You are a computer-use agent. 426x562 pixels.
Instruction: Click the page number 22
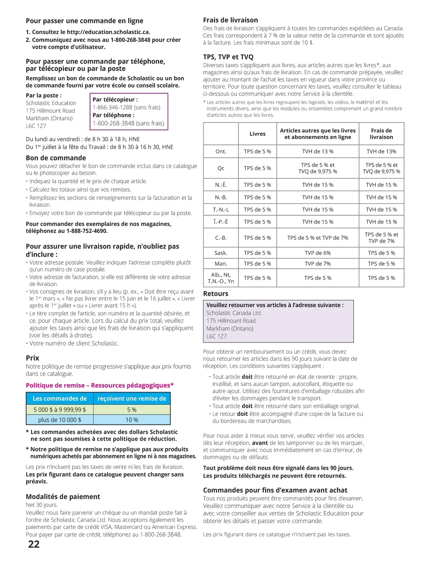[34, 544]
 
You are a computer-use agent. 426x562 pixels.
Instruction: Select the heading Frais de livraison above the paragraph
[230, 20]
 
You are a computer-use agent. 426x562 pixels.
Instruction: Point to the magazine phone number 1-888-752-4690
[87, 231]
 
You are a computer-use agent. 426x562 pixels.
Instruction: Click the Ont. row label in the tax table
[221, 151]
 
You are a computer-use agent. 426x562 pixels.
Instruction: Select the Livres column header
[257, 134]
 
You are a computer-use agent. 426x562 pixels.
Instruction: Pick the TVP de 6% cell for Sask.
[318, 253]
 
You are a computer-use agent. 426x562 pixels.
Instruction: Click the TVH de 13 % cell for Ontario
[318, 151]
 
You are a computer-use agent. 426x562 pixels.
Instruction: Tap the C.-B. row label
[221, 238]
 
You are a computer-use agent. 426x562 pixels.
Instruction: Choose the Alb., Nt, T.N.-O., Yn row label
[221, 278]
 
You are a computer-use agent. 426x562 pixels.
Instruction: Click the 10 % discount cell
[132, 420]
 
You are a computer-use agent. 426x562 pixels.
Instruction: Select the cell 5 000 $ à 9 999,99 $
[60, 410]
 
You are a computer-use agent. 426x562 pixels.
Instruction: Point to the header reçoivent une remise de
[132, 399]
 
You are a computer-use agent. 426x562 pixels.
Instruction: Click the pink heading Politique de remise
[100, 385]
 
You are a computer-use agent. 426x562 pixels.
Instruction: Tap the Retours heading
[216, 294]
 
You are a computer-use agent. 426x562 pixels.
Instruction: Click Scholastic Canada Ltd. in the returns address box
[234, 313]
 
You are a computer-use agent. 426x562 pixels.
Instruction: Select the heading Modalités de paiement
[63, 497]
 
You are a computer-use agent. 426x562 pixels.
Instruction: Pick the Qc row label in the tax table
[221, 168]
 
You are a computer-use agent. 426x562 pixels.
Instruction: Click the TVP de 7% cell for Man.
[318, 264]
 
